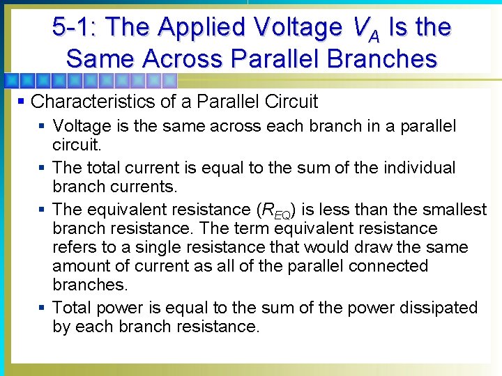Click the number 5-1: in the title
coord(75,27)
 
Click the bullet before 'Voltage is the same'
coord(43,127)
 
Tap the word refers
coord(75,247)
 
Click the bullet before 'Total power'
coord(43,308)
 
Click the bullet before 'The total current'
coord(43,168)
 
